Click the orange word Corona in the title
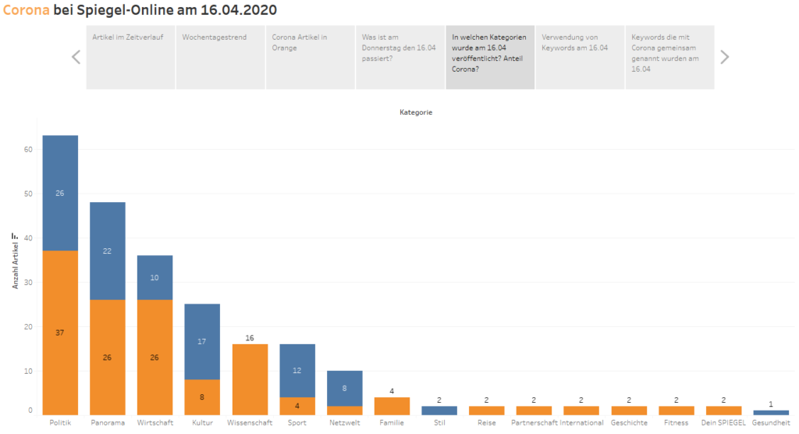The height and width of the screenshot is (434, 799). coord(27,9)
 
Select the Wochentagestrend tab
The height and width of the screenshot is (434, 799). coord(220,57)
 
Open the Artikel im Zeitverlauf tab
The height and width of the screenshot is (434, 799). coord(130,57)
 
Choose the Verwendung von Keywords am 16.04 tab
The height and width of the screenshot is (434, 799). coord(580,57)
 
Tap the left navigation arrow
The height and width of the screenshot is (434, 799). coord(76,57)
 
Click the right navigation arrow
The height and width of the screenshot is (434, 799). coord(725,57)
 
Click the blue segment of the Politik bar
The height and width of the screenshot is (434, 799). coord(60,193)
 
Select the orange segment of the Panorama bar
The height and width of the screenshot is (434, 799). coord(108,357)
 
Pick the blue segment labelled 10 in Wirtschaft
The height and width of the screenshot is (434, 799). coord(155,277)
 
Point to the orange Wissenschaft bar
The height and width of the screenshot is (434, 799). coord(250,379)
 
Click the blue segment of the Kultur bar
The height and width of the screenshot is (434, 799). coord(202,342)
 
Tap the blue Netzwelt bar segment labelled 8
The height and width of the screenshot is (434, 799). coord(344,388)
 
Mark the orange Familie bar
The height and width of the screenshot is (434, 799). coord(392,406)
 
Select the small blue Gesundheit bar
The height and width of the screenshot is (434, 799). coord(771,413)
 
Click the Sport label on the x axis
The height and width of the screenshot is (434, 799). coord(297,423)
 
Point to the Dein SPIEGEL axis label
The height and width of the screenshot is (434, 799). coord(723,423)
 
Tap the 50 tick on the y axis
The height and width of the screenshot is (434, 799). coord(28,194)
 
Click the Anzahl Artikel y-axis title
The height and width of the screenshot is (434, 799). coord(16,261)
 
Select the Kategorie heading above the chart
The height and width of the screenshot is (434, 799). coord(416,112)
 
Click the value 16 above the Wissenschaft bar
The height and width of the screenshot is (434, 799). coord(250,338)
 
